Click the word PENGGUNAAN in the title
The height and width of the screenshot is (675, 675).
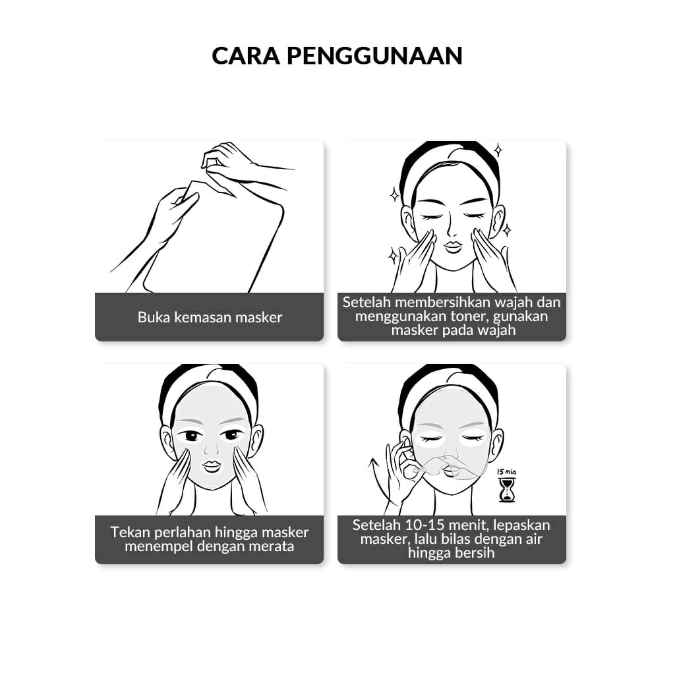374,56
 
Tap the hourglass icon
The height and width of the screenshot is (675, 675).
507,490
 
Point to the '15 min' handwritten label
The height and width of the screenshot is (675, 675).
506,472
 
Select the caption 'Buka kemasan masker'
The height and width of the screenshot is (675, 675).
210,317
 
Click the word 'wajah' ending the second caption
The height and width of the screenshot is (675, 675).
495,330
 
